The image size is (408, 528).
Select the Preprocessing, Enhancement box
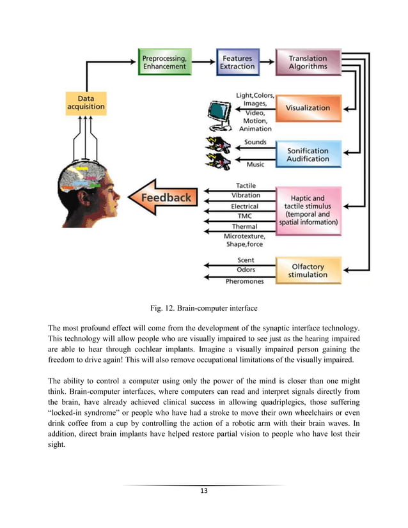165,61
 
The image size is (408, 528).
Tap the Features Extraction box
237,61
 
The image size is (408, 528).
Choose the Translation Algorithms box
307,61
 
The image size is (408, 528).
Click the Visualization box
308,107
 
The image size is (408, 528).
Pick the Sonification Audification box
308,154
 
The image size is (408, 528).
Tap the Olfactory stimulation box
308,270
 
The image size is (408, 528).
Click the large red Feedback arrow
162,198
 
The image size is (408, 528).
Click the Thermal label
245,226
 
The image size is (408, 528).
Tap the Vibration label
246,195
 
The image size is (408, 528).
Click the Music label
255,164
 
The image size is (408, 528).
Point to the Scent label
246,260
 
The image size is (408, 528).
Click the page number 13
203,490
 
